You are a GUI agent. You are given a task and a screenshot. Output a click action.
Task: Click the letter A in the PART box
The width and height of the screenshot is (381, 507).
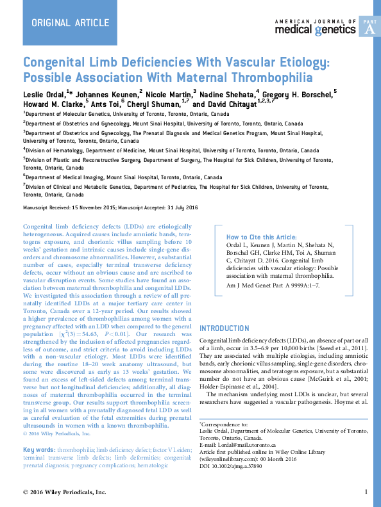[368, 30]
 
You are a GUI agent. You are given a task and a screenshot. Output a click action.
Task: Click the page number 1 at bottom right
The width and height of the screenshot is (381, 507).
[366, 492]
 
